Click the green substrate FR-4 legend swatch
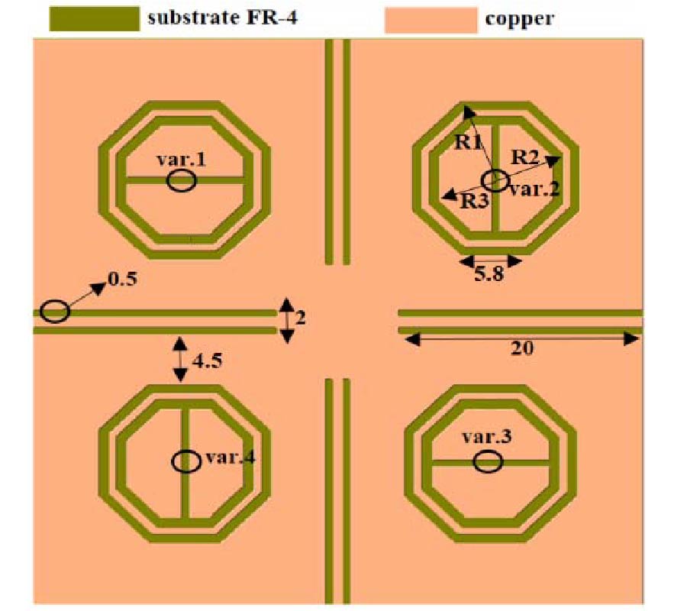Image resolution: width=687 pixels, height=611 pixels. click(94, 19)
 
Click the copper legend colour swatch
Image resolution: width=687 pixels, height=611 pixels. click(431, 20)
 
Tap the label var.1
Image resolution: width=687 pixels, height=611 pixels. click(181, 159)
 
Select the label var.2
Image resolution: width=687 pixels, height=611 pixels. click(535, 189)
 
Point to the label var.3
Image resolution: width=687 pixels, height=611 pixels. click(487, 437)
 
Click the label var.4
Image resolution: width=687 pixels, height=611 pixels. click(231, 457)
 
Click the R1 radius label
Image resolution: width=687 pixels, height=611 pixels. click(468, 142)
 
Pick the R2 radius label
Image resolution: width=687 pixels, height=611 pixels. click(525, 157)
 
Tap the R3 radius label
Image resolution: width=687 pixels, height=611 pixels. click(475, 201)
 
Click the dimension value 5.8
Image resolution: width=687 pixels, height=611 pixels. click(489, 274)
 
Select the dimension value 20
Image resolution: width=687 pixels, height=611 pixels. click(522, 348)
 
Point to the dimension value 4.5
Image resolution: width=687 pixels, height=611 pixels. click(207, 360)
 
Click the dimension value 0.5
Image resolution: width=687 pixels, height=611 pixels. click(123, 279)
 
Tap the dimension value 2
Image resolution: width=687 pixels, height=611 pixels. click(300, 318)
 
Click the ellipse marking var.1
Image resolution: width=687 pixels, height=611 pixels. click(182, 181)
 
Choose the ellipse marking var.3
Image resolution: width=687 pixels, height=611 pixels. click(488, 462)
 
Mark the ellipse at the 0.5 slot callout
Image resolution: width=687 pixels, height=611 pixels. click(55, 311)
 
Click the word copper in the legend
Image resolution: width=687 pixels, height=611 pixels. click(520, 19)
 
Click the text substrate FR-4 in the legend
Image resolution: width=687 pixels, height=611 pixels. click(223, 18)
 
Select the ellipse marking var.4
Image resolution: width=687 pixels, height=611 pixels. click(186, 461)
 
